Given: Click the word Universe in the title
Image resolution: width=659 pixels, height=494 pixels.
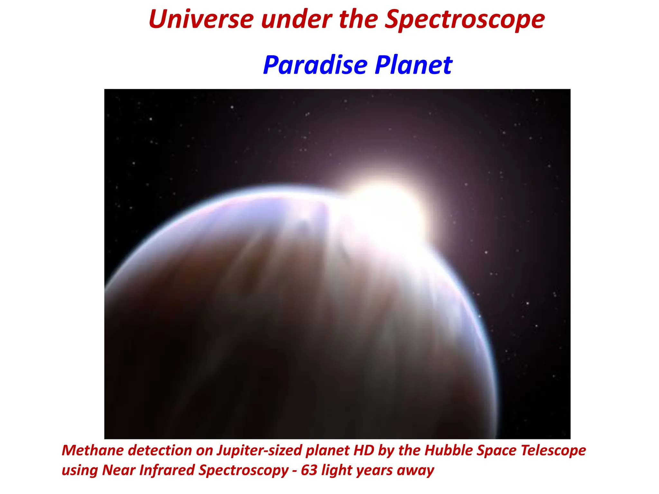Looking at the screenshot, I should tap(201, 19).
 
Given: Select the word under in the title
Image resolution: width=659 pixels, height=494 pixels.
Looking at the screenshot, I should tap(296, 19).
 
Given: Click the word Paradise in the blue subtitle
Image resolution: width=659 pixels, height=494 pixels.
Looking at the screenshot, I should tap(315, 65).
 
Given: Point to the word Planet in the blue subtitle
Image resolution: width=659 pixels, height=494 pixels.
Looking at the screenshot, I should tap(414, 65).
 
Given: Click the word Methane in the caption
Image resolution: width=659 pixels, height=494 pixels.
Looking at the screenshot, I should tap(94, 450).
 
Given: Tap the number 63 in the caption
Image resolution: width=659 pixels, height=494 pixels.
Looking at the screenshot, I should tap(309, 470).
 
